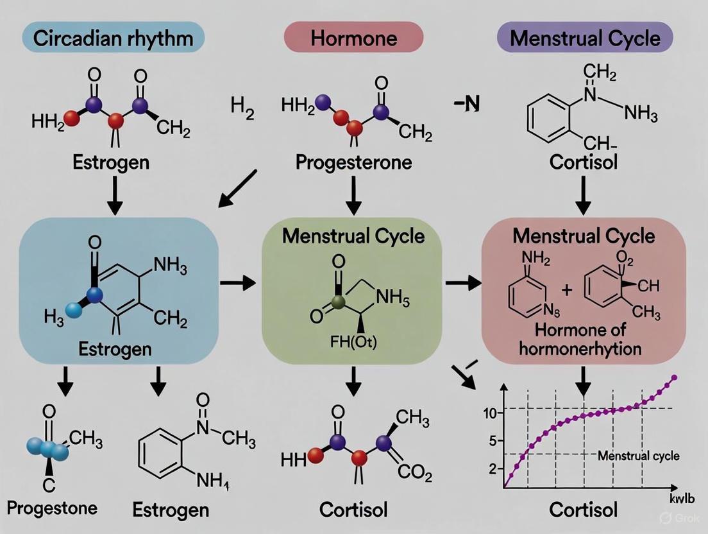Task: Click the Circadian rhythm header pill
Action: [112, 38]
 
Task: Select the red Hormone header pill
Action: [353, 38]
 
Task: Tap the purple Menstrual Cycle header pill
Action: [585, 38]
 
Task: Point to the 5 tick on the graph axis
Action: [493, 442]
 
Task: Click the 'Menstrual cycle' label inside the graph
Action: [638, 456]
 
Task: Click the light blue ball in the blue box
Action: [74, 309]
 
